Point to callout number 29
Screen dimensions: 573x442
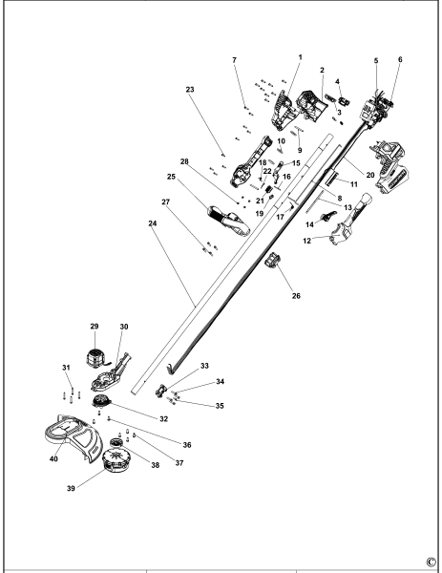click(94, 327)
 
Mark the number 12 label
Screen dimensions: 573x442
click(308, 241)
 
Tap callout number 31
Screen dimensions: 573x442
click(66, 369)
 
